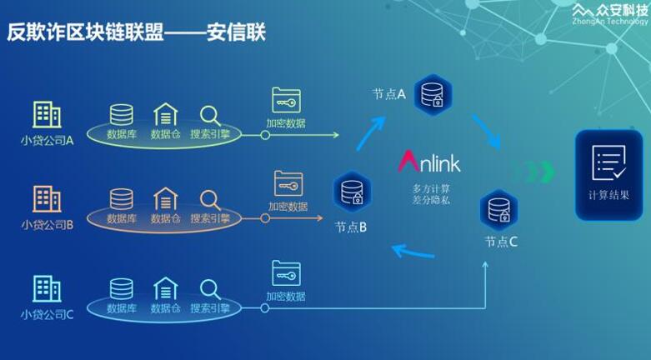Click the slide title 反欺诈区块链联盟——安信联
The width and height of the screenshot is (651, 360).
[138, 32]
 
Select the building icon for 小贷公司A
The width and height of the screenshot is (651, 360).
[47, 115]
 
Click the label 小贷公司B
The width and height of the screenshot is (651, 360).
[48, 224]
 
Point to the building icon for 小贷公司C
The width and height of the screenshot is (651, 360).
[47, 288]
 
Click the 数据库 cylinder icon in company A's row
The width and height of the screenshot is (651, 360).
[122, 114]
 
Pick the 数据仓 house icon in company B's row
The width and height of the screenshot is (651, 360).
[165, 199]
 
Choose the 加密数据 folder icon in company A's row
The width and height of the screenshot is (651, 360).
[286, 100]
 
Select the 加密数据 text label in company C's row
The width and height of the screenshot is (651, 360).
[286, 296]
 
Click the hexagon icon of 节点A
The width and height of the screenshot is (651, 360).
[432, 94]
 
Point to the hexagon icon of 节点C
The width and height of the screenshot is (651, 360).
[498, 209]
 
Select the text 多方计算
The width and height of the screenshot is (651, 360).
[431, 187]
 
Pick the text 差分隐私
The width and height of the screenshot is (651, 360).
[431, 202]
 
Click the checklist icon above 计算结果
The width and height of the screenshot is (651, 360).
[608, 162]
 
